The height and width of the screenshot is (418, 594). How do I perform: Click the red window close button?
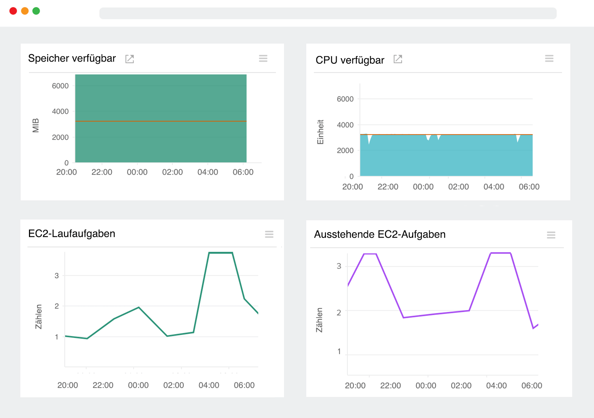click(13, 11)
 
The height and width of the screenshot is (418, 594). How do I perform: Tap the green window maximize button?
click(36, 11)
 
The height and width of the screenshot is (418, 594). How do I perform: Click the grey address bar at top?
click(327, 13)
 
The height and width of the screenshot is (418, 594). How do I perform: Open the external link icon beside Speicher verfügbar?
click(130, 59)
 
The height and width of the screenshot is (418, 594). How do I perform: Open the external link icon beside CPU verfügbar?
click(398, 59)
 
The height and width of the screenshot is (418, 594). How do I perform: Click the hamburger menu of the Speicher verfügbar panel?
click(263, 58)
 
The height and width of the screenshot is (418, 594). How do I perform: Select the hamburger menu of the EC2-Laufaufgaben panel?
click(269, 234)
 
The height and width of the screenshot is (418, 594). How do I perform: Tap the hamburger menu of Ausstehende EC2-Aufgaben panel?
click(551, 235)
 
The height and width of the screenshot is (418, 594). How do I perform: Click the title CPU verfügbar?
click(350, 60)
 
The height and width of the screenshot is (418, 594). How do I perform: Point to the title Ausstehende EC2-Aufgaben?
click(379, 234)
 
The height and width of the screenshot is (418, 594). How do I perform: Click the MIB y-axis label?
click(36, 125)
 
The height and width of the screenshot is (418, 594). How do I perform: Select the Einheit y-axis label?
click(320, 132)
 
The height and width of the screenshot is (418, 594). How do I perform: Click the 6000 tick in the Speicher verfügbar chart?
click(60, 86)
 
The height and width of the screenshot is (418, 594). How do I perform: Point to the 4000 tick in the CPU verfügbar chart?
click(345, 125)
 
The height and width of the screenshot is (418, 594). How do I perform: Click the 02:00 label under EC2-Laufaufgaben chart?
click(173, 385)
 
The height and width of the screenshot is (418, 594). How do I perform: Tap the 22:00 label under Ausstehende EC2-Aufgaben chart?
click(390, 385)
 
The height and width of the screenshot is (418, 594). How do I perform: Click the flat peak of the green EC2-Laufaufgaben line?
click(221, 253)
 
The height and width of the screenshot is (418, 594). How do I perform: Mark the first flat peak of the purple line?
click(370, 254)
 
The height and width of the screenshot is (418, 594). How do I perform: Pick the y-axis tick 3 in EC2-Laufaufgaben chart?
click(56, 276)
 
